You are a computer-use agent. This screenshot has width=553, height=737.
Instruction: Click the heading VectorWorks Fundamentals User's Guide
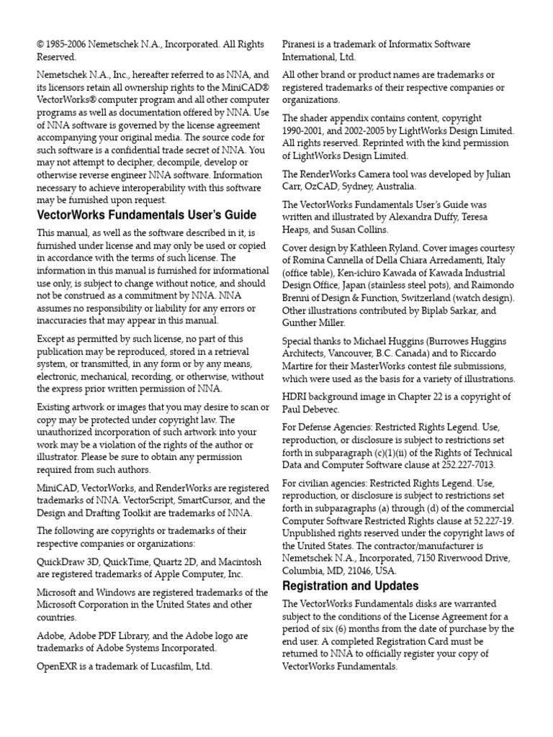(x=146, y=215)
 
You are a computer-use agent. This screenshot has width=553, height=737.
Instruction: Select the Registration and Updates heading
(x=351, y=585)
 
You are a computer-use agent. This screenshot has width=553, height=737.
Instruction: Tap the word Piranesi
(x=300, y=45)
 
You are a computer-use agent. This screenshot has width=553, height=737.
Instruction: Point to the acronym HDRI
(x=295, y=397)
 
